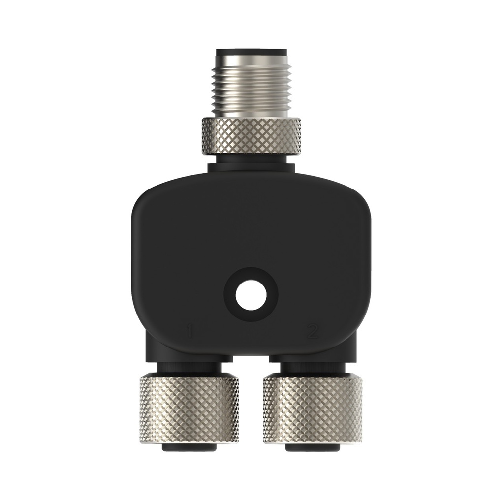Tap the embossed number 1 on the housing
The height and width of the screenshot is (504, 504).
click(x=188, y=331)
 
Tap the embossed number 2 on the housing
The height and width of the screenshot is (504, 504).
click(x=313, y=331)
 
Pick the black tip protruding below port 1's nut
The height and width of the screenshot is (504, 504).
click(x=189, y=449)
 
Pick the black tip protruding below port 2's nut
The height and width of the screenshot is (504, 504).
click(x=313, y=449)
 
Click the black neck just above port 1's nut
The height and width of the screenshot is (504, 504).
click(x=189, y=367)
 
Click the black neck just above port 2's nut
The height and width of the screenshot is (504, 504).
click(x=313, y=367)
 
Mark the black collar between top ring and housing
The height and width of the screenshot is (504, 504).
click(x=252, y=162)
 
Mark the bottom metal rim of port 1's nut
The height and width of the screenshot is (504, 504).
click(x=189, y=440)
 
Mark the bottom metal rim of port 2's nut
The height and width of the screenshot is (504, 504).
click(x=313, y=440)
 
